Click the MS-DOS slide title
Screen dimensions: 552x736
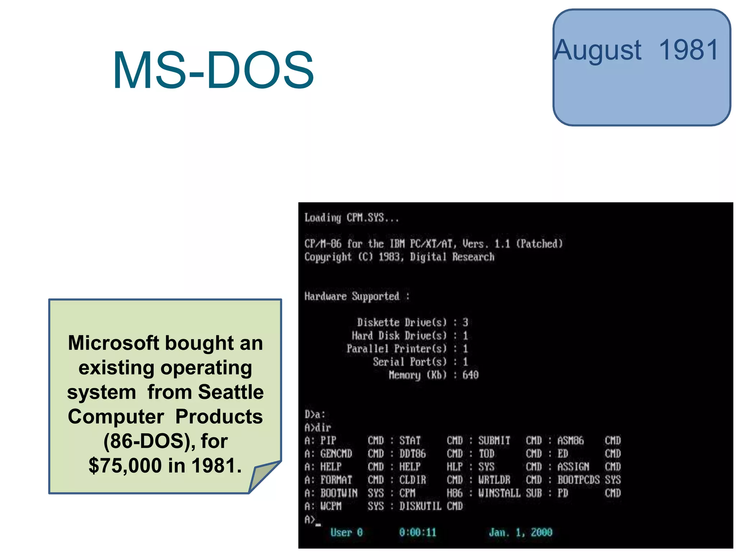(x=213, y=70)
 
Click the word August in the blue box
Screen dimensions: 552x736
(x=597, y=50)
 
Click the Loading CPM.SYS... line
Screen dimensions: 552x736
(x=351, y=218)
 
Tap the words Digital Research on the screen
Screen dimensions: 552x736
(x=452, y=257)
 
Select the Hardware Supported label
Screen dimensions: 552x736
(x=352, y=296)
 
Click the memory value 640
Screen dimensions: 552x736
(x=470, y=375)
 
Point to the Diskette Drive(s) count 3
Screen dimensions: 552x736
(x=465, y=322)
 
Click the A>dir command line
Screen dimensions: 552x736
(x=318, y=428)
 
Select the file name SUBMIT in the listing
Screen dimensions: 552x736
(x=494, y=441)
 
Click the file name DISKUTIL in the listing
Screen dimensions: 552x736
(x=420, y=506)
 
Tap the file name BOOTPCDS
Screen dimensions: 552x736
(x=578, y=480)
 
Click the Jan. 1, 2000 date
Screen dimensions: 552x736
(x=520, y=532)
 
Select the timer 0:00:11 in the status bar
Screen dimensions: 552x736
(x=418, y=532)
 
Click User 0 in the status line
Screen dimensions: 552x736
(x=346, y=532)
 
